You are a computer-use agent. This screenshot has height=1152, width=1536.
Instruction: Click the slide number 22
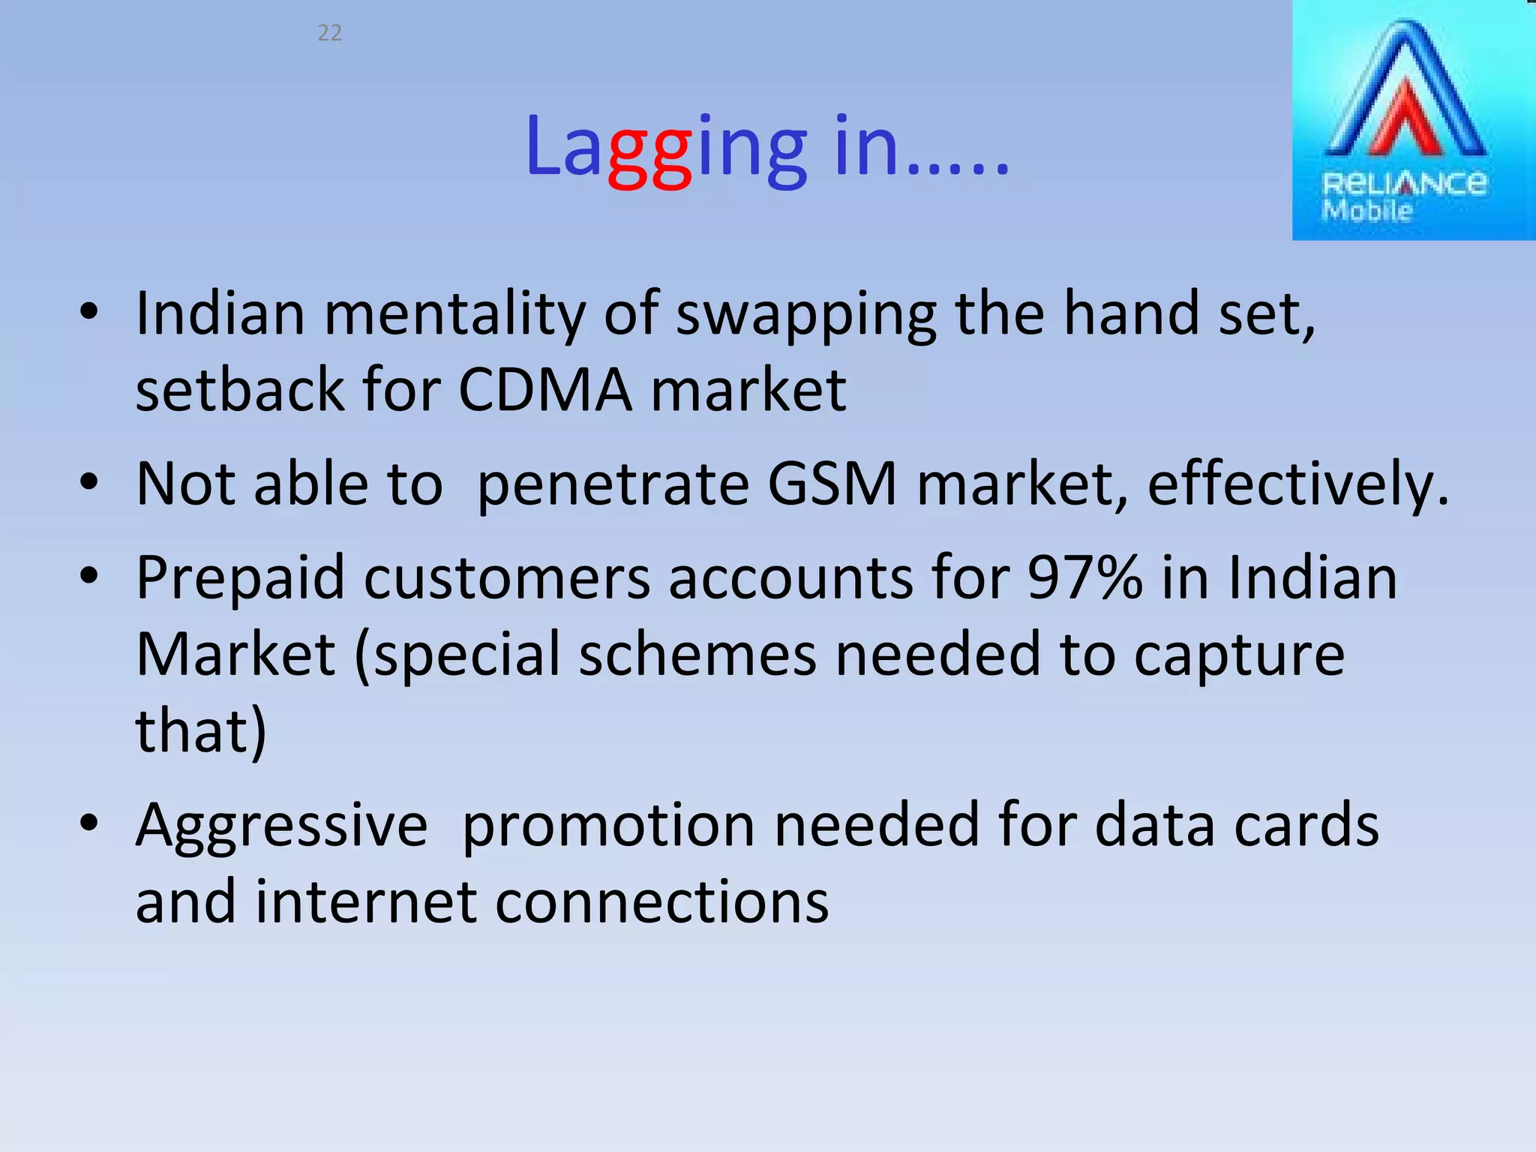(330, 33)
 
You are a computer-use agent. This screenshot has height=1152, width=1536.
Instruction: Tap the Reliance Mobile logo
(1413, 120)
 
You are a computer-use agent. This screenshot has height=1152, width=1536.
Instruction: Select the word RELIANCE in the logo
(1404, 184)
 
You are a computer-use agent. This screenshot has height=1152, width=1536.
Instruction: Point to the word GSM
(832, 484)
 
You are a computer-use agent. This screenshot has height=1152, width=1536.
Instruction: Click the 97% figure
(1084, 578)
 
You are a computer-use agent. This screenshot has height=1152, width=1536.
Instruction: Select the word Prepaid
(239, 578)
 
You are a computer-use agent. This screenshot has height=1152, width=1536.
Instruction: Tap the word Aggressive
(281, 826)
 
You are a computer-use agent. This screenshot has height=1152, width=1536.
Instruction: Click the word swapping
(806, 314)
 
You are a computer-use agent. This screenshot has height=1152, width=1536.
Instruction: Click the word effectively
(1297, 484)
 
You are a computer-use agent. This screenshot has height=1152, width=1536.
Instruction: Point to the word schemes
(697, 655)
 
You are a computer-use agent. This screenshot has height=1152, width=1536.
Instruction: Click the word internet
(366, 901)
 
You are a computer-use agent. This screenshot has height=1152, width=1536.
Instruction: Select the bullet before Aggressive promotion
(89, 823)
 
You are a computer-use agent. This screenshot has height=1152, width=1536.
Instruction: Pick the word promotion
(608, 826)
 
